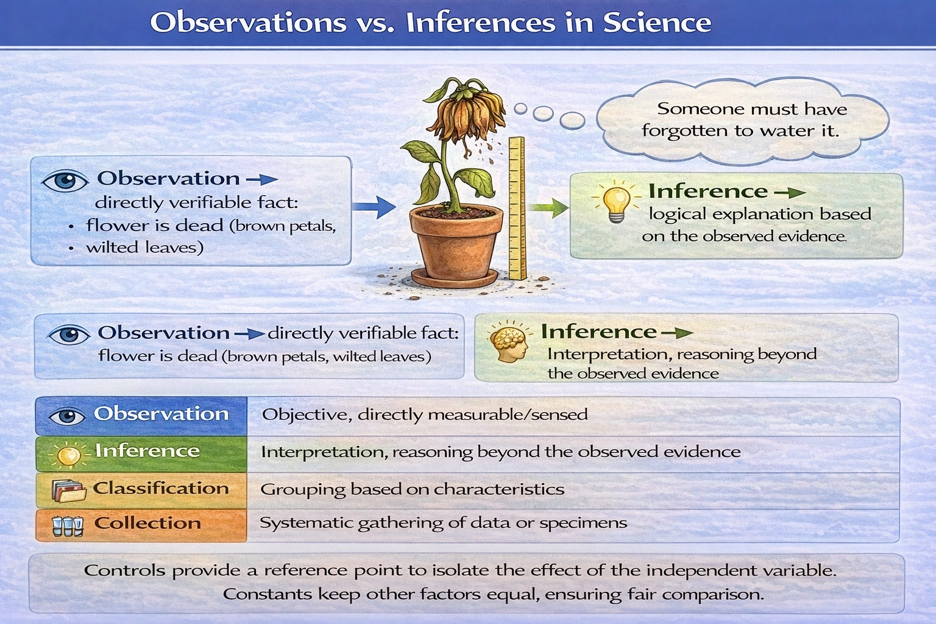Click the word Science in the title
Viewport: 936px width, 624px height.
point(657,23)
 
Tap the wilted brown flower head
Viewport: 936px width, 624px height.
point(466,112)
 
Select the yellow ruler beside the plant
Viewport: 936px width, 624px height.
point(517,208)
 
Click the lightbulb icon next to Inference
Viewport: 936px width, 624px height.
point(617,202)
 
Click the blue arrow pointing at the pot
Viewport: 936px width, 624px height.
point(374,207)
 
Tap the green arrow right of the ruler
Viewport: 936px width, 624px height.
point(550,208)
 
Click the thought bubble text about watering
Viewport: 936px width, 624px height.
point(744,119)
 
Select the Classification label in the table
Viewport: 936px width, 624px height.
point(161,489)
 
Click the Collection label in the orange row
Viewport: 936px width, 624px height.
point(147,523)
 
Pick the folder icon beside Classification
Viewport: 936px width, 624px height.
point(68,491)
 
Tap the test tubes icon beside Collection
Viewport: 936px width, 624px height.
point(68,526)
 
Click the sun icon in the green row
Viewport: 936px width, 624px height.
point(68,455)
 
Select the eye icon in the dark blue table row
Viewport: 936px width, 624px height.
point(67,416)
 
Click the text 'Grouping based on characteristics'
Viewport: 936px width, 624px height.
point(412,489)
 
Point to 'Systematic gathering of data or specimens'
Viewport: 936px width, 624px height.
point(444,523)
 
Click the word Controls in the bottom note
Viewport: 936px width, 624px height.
point(124,570)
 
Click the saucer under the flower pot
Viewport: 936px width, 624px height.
point(455,278)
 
